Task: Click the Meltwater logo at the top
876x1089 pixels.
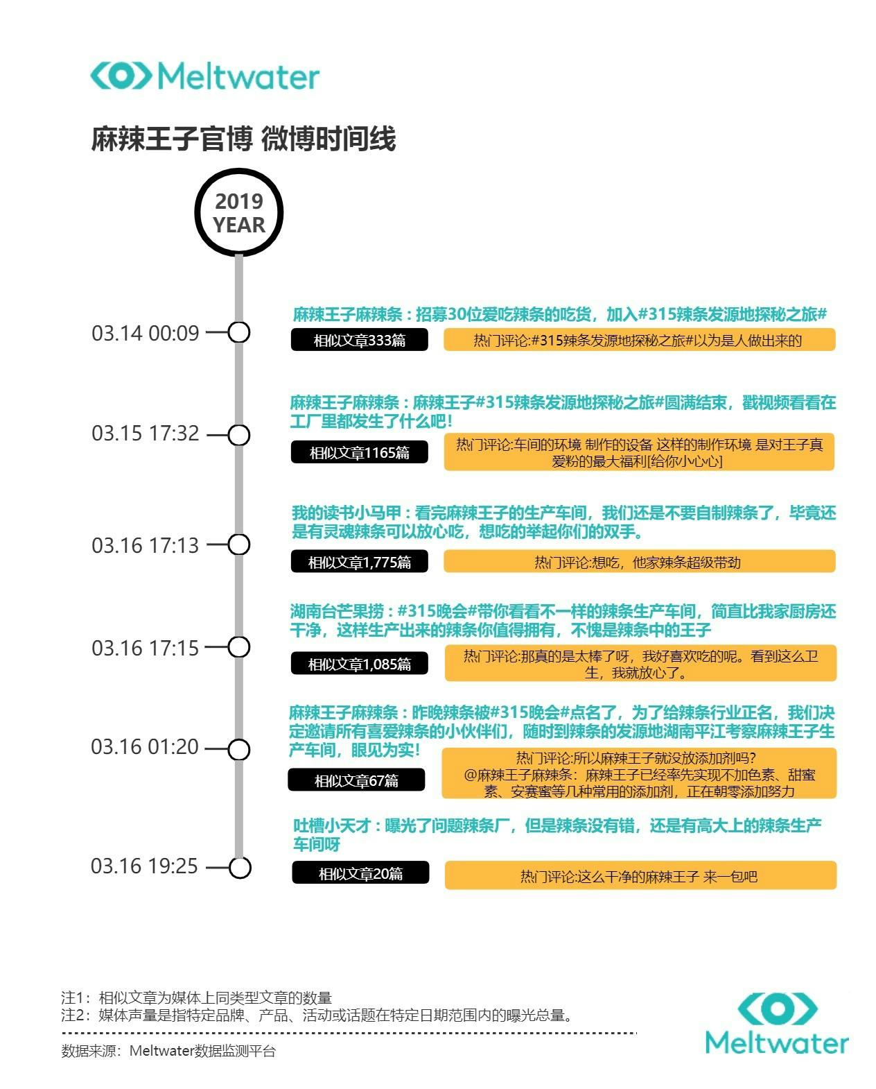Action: tap(205, 76)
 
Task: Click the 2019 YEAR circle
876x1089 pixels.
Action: tap(238, 212)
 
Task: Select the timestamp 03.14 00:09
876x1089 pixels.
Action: tap(145, 333)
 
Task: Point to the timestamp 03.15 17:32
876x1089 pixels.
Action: tap(145, 434)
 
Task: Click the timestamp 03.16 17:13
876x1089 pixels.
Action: tap(145, 545)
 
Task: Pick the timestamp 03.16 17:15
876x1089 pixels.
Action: tap(145, 649)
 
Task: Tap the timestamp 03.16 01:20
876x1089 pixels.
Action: tap(145, 747)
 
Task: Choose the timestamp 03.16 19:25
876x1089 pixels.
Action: tap(144, 866)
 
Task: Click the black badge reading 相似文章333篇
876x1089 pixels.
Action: tap(359, 340)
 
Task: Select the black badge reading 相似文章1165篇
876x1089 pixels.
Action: tap(359, 452)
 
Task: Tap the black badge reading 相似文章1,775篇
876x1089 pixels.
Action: tap(359, 561)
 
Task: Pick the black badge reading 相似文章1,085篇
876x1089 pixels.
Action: tap(359, 663)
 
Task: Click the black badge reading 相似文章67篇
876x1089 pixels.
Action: tap(356, 780)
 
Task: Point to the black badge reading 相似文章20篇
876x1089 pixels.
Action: tap(360, 873)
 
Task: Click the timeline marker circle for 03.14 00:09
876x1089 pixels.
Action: tap(238, 323)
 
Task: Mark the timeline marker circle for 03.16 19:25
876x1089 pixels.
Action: tap(240, 857)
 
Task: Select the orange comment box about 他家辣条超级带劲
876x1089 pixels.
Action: tap(639, 561)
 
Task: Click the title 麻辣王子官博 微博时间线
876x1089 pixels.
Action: tap(243, 139)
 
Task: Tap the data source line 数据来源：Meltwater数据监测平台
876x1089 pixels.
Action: tap(168, 1051)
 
